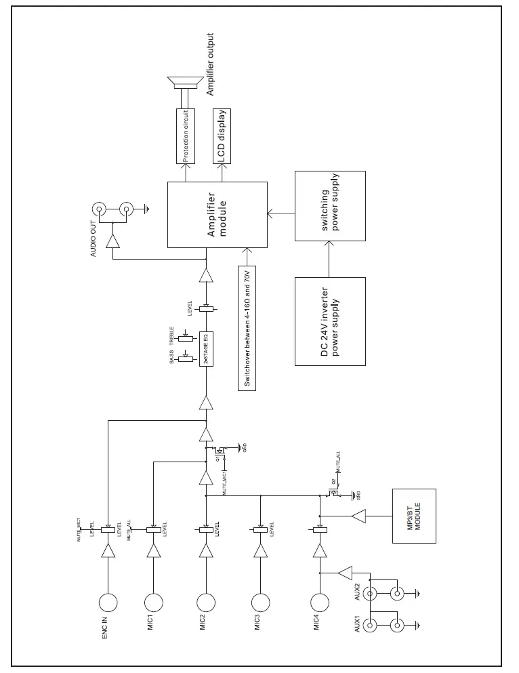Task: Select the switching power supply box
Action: click(x=330, y=206)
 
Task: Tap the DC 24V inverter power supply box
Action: click(x=330, y=321)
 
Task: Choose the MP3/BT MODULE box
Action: click(x=414, y=516)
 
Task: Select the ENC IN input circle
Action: click(x=108, y=602)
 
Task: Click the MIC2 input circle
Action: click(x=206, y=602)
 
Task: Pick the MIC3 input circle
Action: click(x=259, y=602)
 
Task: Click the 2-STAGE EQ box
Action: click(x=205, y=348)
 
